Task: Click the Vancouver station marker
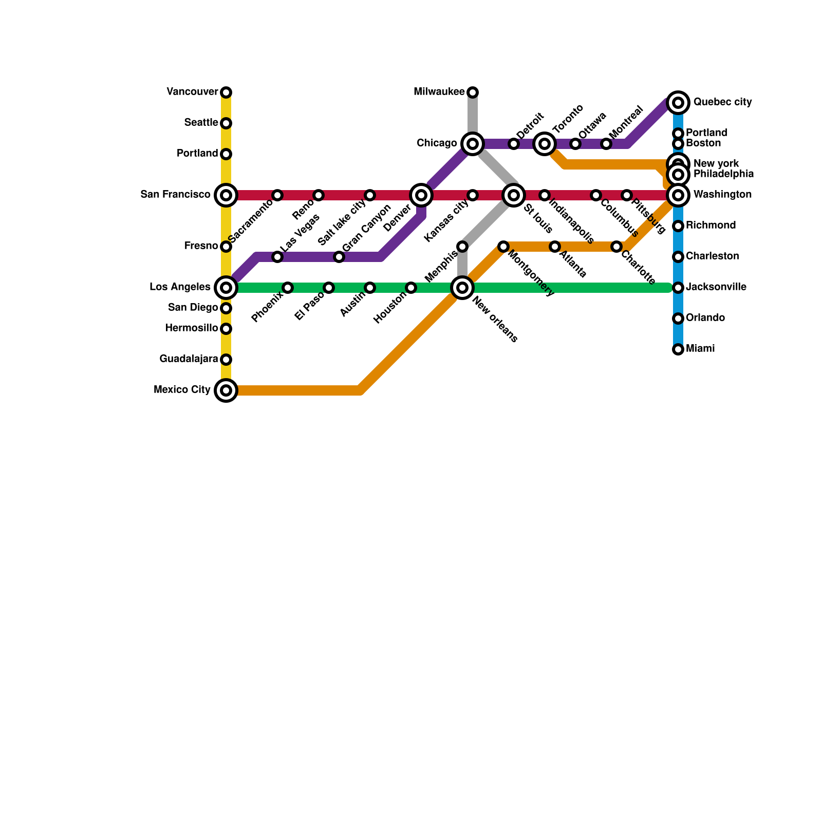coord(226,92)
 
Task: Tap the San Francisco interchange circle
coord(226,195)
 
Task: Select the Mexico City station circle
coord(226,390)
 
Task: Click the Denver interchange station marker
coord(421,195)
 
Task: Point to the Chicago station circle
coord(473,144)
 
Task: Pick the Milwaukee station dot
coord(473,92)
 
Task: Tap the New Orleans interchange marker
coord(462,288)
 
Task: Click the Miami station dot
coord(678,349)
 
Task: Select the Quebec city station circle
coord(678,103)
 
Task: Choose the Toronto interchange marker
coord(545,144)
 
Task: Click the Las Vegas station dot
coord(277,257)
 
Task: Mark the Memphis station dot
coord(462,247)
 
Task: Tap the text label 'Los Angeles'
coord(180,287)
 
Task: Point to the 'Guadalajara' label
coord(189,359)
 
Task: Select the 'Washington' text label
coord(722,195)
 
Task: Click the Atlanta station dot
coord(555,247)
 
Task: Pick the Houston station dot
coord(411,288)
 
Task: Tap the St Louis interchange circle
coord(514,195)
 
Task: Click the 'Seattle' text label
coord(201,123)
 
